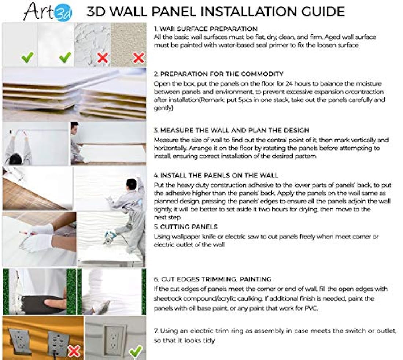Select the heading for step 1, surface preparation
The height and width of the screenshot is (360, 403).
point(206,29)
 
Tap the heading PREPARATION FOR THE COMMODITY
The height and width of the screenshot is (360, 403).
point(218,74)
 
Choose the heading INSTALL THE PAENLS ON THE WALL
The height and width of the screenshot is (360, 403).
point(216,175)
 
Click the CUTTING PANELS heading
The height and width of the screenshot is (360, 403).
point(186,227)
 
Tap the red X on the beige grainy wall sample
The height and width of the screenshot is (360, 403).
point(138,57)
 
